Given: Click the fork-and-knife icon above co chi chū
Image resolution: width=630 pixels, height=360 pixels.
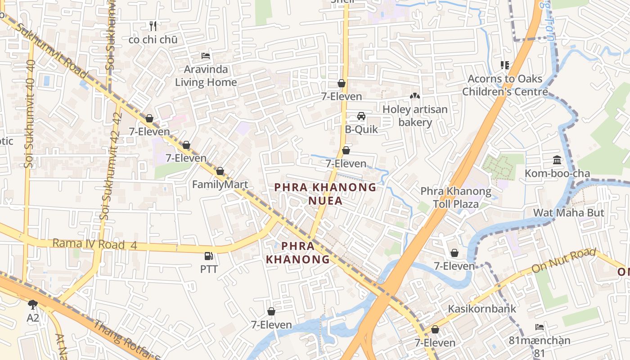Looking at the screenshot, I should (x=153, y=26).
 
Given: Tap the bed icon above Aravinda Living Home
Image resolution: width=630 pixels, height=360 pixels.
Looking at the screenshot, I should (x=206, y=56).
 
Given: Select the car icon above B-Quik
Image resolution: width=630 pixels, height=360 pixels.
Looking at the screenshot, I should (x=361, y=116).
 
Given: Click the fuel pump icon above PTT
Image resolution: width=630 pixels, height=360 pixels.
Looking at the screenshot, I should (x=209, y=256).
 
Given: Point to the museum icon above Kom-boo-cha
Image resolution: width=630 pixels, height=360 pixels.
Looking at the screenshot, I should (x=557, y=160).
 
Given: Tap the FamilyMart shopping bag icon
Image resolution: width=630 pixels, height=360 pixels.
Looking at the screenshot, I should (x=220, y=171).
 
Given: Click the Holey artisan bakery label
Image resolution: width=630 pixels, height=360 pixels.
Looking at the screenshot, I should (x=415, y=116).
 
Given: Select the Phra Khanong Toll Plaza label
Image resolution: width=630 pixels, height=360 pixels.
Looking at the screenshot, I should (x=456, y=198).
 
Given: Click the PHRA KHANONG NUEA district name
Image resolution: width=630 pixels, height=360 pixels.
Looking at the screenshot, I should (x=325, y=193).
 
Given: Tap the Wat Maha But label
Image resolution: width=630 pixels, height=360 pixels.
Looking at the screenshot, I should (x=568, y=212).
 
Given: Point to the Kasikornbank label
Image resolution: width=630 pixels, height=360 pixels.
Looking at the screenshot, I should (x=482, y=309).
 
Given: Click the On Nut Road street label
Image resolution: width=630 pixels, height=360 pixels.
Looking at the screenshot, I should (x=563, y=261).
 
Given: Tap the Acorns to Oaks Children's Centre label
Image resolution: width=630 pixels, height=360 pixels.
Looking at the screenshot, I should (x=505, y=85).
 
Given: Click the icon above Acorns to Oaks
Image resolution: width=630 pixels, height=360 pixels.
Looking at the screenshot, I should (x=505, y=65).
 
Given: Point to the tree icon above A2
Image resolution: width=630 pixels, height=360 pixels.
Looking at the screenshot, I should (x=32, y=305).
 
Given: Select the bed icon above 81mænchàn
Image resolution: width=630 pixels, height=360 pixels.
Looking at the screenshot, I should (x=540, y=327).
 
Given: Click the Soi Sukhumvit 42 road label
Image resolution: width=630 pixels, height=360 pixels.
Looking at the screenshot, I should (x=112, y=166).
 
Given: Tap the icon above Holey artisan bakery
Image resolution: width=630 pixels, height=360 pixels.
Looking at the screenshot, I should (x=414, y=96).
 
